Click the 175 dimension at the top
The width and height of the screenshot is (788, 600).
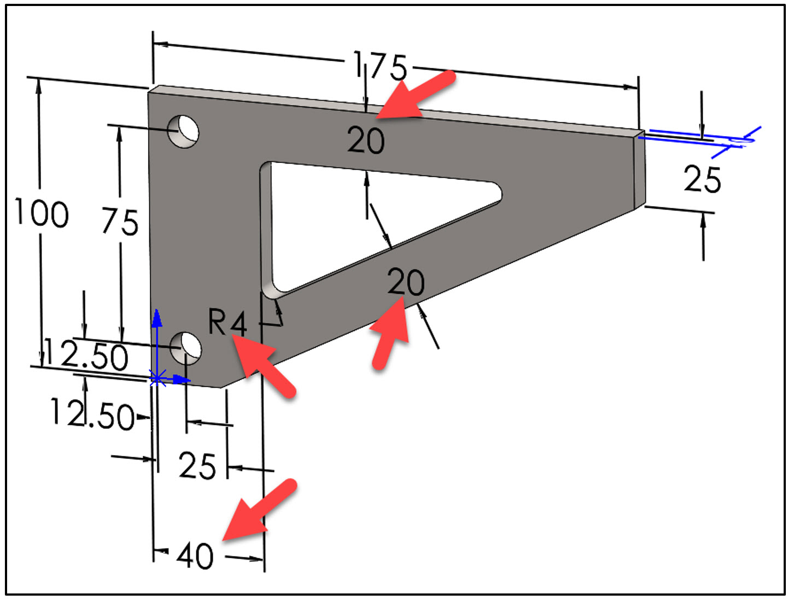tap(381, 66)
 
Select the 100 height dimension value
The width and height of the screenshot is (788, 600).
tap(42, 213)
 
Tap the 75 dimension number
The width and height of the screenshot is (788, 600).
tap(120, 222)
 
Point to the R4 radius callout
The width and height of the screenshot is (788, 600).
tap(227, 323)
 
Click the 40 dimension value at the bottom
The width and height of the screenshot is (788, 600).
tap(195, 556)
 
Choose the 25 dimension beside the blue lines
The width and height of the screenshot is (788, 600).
tap(702, 179)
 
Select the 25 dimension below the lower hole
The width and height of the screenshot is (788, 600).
tap(197, 466)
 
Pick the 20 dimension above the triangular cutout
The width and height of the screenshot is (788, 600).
tap(366, 140)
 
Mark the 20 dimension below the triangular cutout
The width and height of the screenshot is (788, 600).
tap(406, 282)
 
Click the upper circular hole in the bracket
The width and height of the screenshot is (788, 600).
tap(183, 131)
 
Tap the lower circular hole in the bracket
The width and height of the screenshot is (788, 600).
tap(185, 347)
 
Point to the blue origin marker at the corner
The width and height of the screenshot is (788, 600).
tap(157, 378)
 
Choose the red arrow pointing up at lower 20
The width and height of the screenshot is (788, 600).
tap(390, 336)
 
